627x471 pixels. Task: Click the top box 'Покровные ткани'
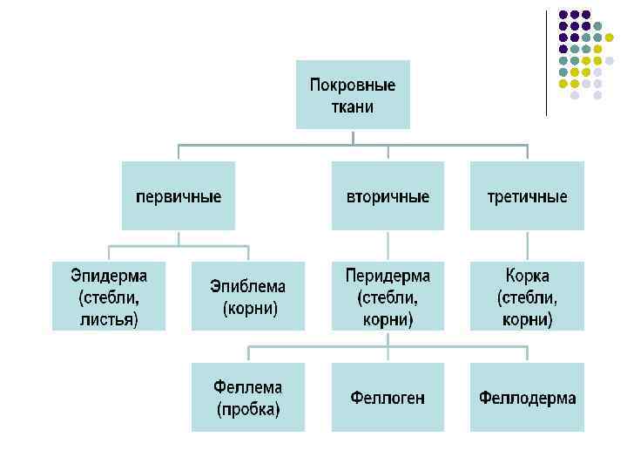tap(353, 94)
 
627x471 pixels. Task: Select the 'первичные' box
tap(179, 196)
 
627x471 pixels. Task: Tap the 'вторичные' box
tap(388, 196)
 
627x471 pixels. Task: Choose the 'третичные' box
tap(527, 196)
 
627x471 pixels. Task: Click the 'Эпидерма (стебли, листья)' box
tap(109, 297)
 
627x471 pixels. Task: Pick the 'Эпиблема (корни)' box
tap(248, 297)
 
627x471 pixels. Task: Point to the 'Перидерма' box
tap(388, 297)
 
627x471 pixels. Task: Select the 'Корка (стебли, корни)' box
tap(527, 297)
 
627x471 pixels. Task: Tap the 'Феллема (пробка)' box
tap(248, 398)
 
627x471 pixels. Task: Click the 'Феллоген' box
tap(388, 398)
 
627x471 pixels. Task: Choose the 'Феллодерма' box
tap(527, 398)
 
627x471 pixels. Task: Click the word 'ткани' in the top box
tap(353, 107)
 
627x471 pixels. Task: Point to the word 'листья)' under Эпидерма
tap(109, 319)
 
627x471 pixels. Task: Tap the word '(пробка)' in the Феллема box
tap(248, 409)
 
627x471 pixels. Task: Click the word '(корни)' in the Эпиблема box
tap(250, 308)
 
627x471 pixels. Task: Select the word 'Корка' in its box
tap(527, 276)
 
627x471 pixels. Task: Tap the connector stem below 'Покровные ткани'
tap(353, 137)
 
